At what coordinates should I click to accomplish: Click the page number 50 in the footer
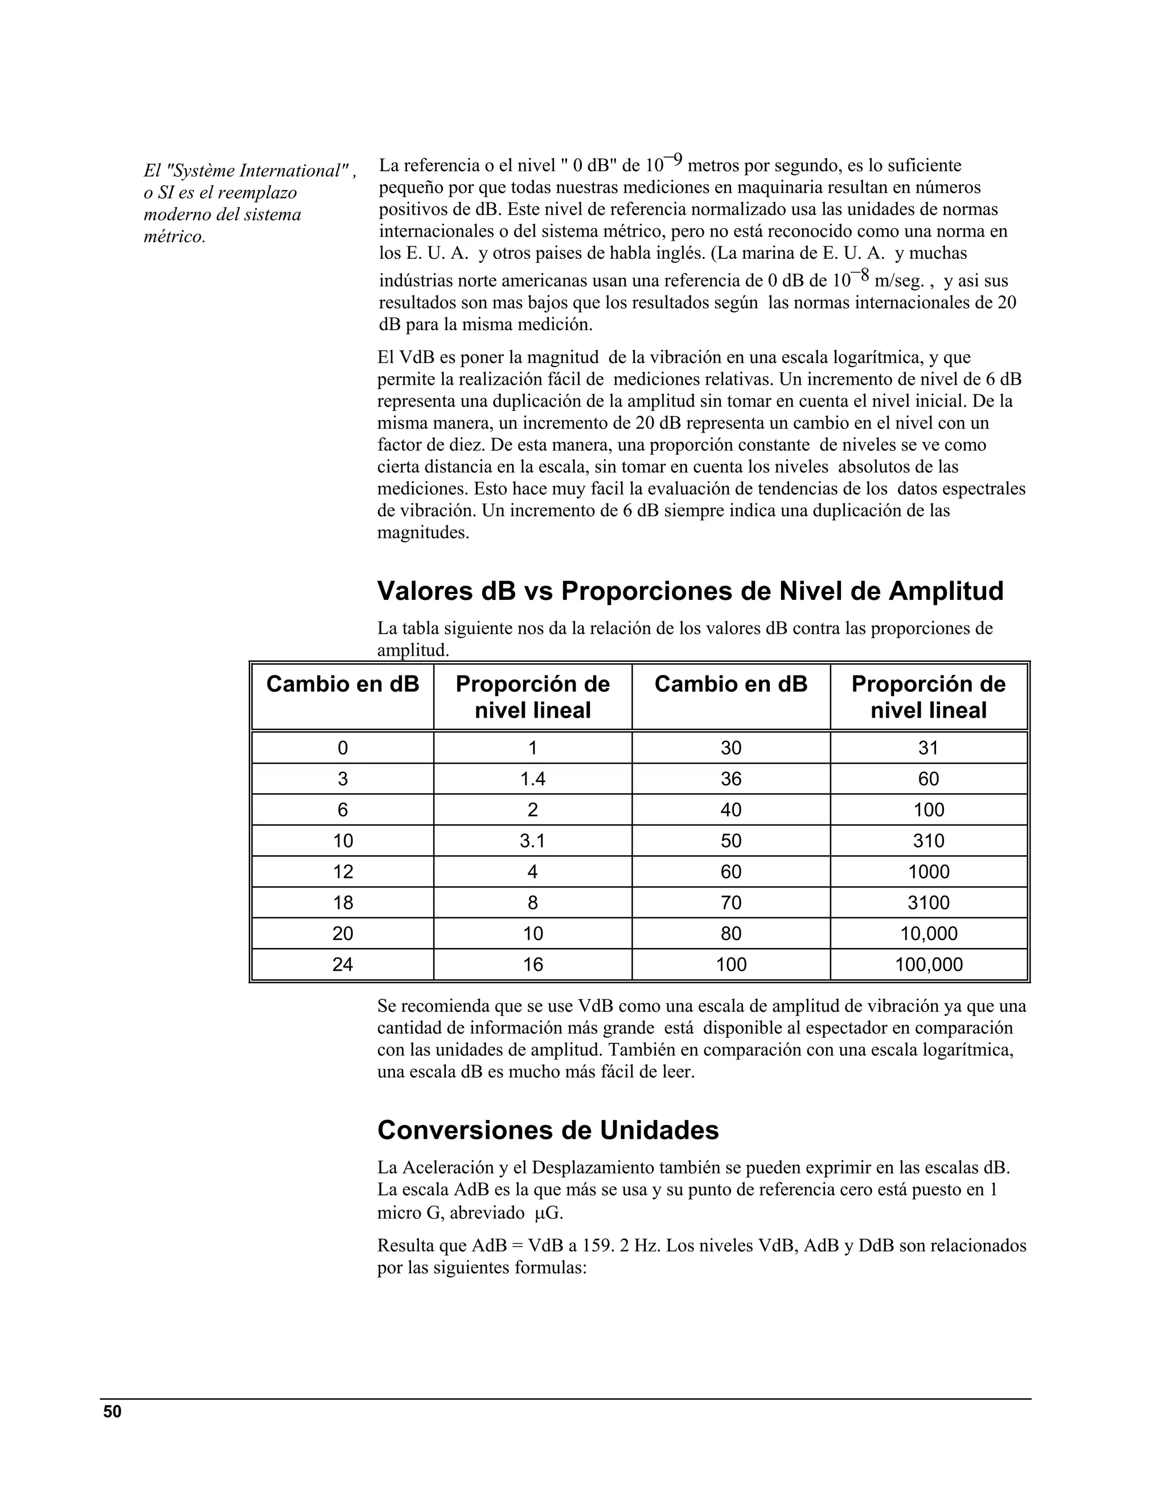112,1412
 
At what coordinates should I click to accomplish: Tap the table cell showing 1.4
532,779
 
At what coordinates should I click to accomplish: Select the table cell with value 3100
929,903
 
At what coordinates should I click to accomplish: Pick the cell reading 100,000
929,965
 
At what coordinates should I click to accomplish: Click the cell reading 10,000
929,933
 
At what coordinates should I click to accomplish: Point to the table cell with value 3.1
532,841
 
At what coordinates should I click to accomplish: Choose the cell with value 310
929,841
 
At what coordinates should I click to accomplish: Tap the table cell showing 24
343,965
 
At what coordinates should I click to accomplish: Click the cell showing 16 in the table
532,965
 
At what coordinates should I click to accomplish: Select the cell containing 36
731,779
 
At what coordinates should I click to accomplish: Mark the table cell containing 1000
929,871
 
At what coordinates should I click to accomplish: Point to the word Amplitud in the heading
946,592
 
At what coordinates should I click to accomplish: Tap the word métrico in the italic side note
174,237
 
